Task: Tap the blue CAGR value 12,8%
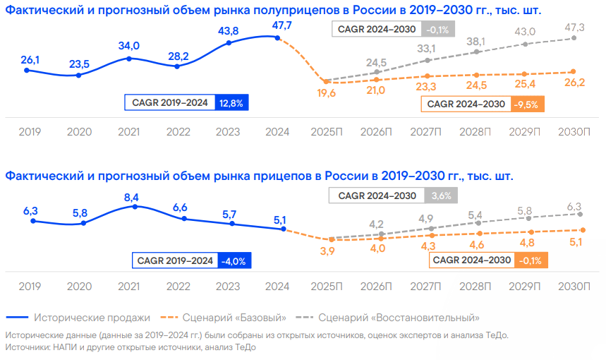click(x=231, y=102)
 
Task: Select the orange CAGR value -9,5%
click(x=527, y=104)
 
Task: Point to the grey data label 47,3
click(x=576, y=27)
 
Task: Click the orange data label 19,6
click(x=326, y=92)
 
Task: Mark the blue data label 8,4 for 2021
click(x=131, y=197)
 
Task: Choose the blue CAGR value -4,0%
click(x=234, y=260)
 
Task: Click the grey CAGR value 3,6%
click(x=440, y=196)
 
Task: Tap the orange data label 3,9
click(x=327, y=252)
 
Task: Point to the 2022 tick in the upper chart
click(x=178, y=131)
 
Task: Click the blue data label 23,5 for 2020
click(x=79, y=64)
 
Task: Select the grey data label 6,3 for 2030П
click(x=576, y=207)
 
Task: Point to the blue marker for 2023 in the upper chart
click(x=229, y=43)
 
